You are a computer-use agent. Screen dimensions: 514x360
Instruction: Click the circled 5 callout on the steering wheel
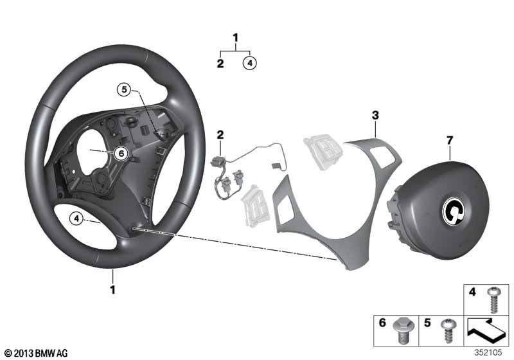point(124,91)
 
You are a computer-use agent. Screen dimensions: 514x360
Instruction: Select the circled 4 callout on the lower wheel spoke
point(76,219)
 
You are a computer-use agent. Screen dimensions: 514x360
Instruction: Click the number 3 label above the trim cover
point(375,115)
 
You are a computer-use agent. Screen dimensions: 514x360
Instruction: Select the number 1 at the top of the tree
point(235,38)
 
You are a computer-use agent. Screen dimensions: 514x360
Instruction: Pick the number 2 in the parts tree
point(220,63)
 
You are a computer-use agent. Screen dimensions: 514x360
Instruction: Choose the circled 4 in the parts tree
point(249,63)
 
